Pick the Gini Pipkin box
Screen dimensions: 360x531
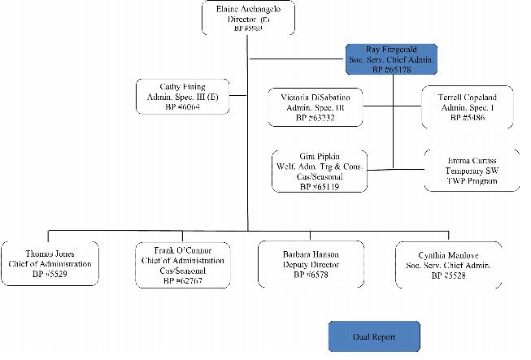pyautogui.click(x=319, y=171)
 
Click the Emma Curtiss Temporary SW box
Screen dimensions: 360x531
pyautogui.click(x=472, y=169)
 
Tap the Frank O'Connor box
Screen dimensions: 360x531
pyautogui.click(x=181, y=264)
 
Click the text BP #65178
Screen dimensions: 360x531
pyautogui.click(x=391, y=71)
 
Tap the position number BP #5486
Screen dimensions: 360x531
pyautogui.click(x=467, y=118)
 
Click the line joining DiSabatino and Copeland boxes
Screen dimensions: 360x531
pyautogui.click(x=391, y=106)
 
